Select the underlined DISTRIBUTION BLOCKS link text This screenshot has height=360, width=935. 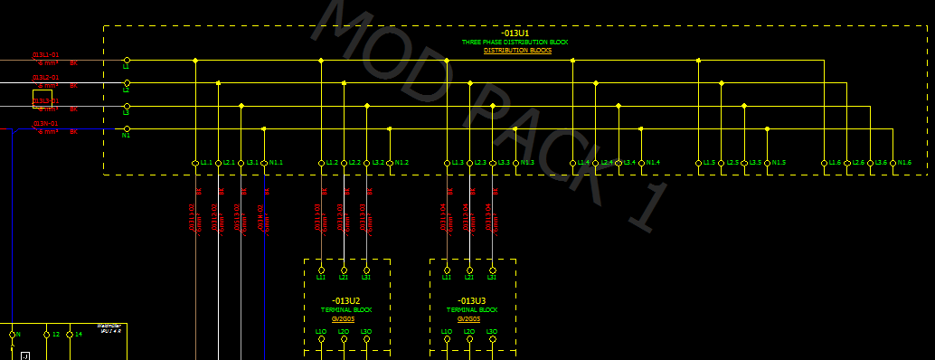pos(517,51)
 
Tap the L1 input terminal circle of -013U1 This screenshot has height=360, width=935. pos(127,60)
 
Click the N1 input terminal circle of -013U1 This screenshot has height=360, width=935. pos(127,129)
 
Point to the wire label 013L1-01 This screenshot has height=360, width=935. pos(46,55)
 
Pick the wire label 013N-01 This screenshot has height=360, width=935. pos(46,124)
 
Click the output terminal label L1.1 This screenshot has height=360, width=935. pos(206,163)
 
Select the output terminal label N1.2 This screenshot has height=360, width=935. pos(401,163)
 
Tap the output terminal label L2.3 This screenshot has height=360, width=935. pos(481,163)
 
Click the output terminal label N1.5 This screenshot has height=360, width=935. pos(779,163)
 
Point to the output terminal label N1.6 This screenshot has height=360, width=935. pos(903,163)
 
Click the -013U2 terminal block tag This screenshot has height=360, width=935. pos(345,300)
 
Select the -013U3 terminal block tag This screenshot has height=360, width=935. pos(471,300)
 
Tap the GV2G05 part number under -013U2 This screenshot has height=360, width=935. pos(343,318)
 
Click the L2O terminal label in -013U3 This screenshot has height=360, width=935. pos(469,332)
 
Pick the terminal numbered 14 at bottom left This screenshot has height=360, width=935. pos(79,335)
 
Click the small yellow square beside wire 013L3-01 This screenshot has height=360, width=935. pos(42,99)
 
